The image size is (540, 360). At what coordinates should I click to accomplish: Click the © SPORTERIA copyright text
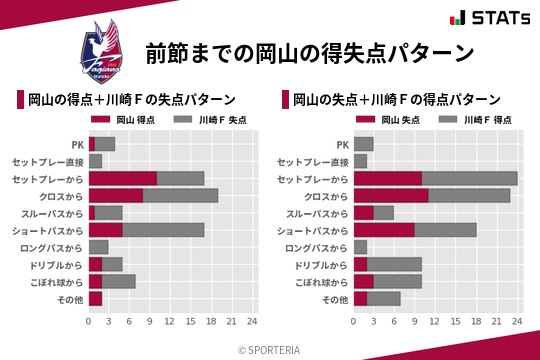[270, 349]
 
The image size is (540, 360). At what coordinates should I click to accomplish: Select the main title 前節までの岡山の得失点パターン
[309, 52]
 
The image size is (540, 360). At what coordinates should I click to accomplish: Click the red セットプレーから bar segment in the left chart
[123, 178]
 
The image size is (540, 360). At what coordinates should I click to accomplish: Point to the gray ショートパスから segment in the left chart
[163, 229]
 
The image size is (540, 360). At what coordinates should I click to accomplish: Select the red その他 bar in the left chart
[95, 298]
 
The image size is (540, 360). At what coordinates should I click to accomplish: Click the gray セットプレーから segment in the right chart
[469, 178]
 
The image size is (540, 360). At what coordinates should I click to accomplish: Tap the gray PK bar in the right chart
[363, 144]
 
